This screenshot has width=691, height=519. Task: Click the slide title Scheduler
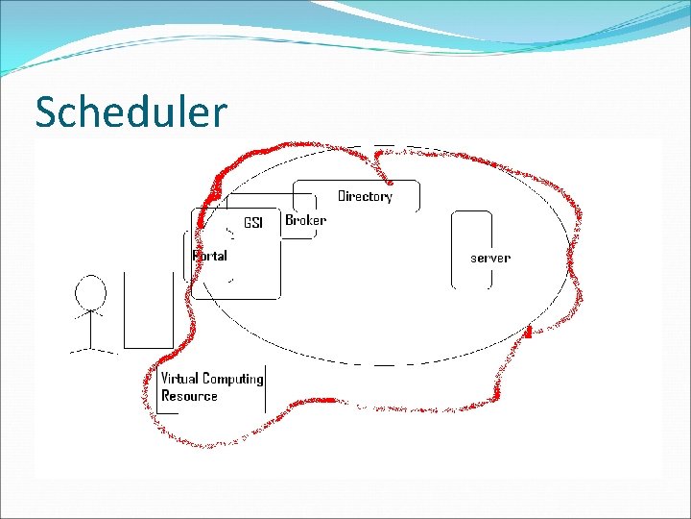tap(131, 112)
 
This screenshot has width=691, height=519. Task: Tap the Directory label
tap(365, 196)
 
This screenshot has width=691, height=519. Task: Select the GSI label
tap(252, 223)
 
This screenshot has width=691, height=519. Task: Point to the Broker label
tap(305, 220)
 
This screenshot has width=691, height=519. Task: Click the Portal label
tap(210, 256)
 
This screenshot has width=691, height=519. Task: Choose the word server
tap(489, 258)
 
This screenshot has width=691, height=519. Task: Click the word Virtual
tap(179, 379)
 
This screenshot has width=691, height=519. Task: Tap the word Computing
tap(233, 379)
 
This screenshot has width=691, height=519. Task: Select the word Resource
tap(189, 396)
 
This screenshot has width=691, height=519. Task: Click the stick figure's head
tap(90, 290)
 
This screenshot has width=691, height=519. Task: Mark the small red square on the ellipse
tap(528, 333)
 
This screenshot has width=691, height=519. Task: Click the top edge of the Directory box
tap(355, 181)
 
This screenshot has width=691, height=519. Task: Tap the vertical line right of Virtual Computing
tap(266, 388)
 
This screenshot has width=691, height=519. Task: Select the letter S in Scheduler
tap(46, 112)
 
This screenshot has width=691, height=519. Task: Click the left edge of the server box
tap(452, 250)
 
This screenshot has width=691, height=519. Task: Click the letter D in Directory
tap(342, 196)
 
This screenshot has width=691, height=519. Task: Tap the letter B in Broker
tap(289, 220)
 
